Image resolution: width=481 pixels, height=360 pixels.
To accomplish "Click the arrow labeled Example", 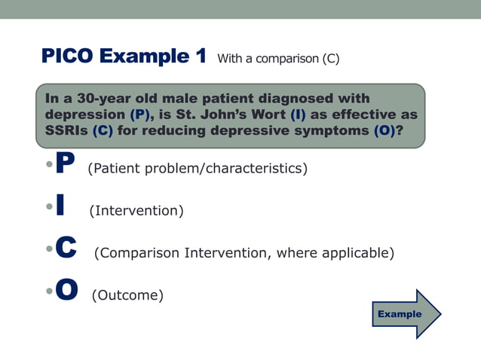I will click(x=406, y=313).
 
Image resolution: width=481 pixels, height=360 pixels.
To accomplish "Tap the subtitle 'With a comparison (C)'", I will click(x=277, y=59).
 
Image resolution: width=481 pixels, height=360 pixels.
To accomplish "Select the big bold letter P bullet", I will click(x=66, y=166).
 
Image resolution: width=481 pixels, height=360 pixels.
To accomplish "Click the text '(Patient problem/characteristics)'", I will click(x=198, y=168).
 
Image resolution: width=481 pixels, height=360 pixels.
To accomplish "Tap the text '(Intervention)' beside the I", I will click(x=136, y=211).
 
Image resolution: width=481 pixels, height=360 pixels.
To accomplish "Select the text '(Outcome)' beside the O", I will click(x=127, y=295).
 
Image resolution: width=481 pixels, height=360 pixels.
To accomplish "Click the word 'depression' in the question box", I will click(x=84, y=114).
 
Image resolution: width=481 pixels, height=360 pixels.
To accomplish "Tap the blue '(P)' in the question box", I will click(x=139, y=114).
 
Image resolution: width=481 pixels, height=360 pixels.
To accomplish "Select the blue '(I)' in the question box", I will click(x=299, y=114).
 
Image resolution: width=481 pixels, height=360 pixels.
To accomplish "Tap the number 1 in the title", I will click(x=200, y=57).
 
